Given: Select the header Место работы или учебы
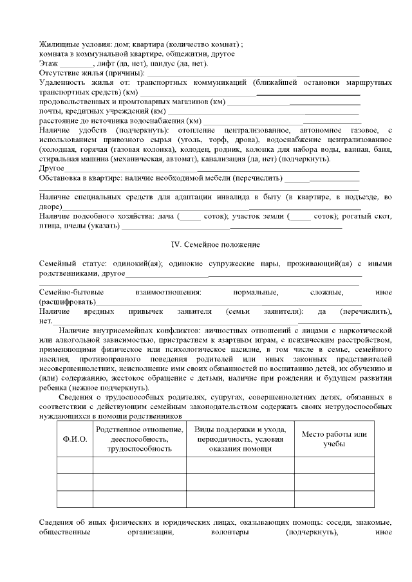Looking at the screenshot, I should click(x=334, y=439).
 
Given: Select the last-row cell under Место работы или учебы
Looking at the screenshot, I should click(x=334, y=499).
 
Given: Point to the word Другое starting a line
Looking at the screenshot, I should click(x=51, y=168).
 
